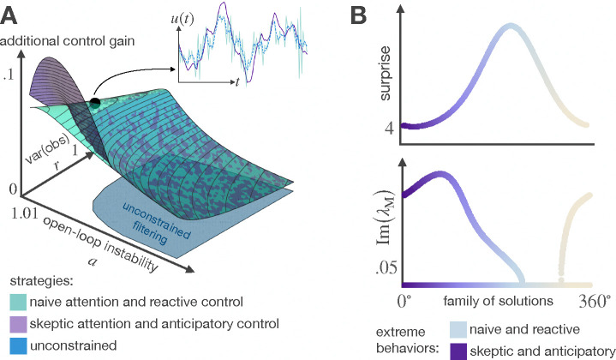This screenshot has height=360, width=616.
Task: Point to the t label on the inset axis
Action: pyautogui.click(x=236, y=83)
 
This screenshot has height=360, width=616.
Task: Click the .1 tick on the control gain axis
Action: pyautogui.click(x=9, y=75)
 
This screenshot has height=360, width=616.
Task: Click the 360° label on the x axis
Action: pyautogui.click(x=592, y=302)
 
